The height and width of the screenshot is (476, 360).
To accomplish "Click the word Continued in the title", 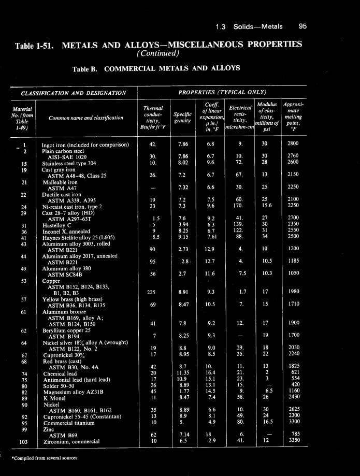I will click(158, 53).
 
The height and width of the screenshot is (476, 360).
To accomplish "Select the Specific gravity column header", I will click(182, 118).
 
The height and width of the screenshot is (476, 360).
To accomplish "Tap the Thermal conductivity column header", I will click(153, 118).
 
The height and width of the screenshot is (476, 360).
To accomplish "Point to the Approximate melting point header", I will click(293, 118).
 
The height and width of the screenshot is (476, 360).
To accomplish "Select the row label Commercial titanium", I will click(66, 423).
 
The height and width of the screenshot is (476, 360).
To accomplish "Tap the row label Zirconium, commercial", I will click(70, 442).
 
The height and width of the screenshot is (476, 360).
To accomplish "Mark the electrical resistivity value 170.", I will click(239, 206).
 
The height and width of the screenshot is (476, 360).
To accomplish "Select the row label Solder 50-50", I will click(58, 385).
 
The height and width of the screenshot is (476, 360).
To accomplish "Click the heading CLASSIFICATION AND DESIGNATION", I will click(73, 93).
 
